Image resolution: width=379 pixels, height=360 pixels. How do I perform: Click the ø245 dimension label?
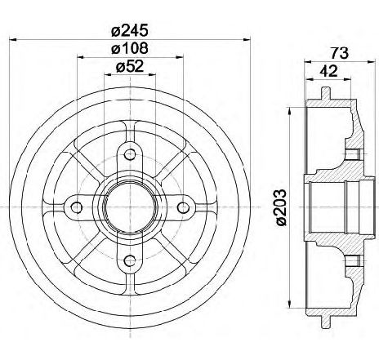pyautogui.click(x=130, y=30)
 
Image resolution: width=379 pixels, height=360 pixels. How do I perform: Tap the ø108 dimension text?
pyautogui.click(x=130, y=48)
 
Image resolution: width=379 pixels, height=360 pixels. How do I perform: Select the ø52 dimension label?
pyautogui.click(x=130, y=66)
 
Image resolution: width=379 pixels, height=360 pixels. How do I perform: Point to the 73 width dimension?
pyautogui.click(x=340, y=53)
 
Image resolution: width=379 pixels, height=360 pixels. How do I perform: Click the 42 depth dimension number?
pyautogui.click(x=328, y=71)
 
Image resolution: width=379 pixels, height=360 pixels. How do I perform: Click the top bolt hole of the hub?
pyautogui.click(x=130, y=155)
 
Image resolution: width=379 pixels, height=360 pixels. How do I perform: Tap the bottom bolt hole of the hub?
pyautogui.click(x=130, y=261)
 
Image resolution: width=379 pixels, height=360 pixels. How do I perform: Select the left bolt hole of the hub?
pyautogui.click(x=77, y=208)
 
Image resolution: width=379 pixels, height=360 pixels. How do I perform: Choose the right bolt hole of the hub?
pyautogui.click(x=183, y=208)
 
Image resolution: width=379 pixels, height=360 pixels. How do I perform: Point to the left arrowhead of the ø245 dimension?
pyautogui.click(x=13, y=40)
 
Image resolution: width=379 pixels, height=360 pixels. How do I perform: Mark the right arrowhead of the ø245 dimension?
pyautogui.click(x=246, y=40)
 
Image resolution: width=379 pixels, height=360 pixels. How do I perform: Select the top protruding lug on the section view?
pyautogui.click(x=326, y=93)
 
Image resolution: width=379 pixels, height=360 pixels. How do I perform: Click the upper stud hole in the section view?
pyautogui.click(x=353, y=154)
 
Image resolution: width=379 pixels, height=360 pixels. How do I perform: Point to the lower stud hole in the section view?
pyautogui.click(x=353, y=261)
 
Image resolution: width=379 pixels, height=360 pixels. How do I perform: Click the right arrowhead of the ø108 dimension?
pyautogui.click(x=180, y=57)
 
